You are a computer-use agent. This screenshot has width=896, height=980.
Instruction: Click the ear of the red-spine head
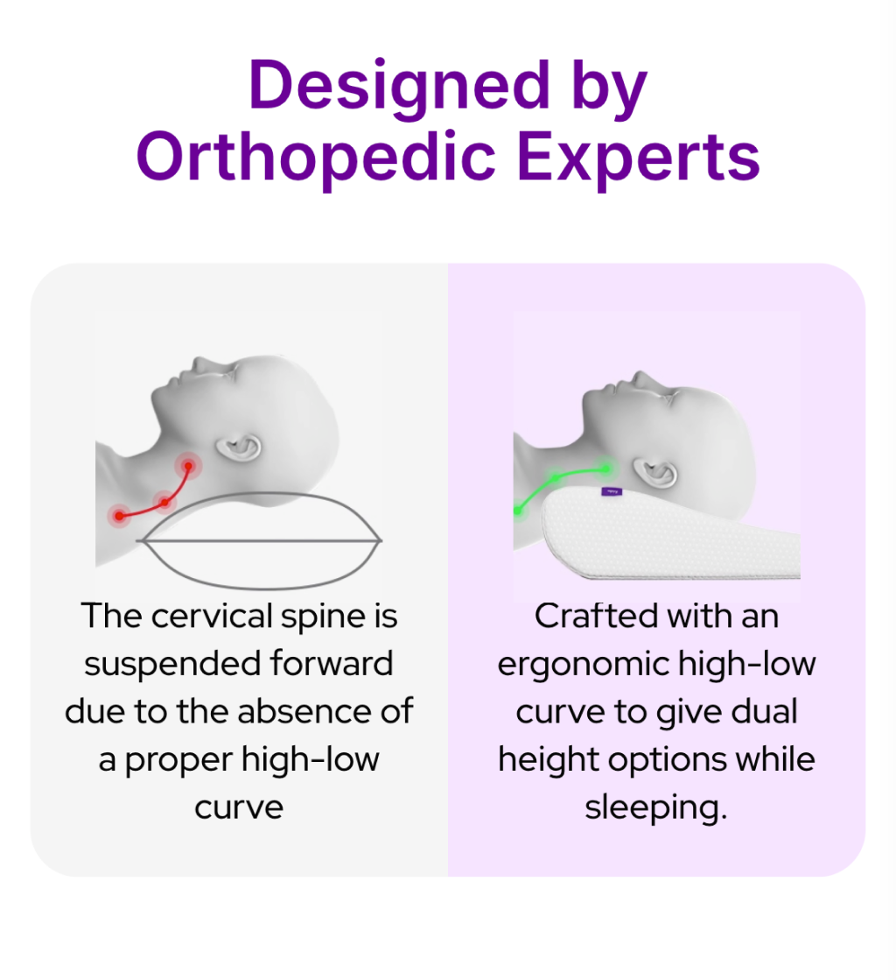coord(239,450)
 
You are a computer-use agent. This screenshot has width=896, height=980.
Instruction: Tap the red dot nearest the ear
coord(187,465)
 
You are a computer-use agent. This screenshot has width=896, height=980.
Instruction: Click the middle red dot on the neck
coord(164,502)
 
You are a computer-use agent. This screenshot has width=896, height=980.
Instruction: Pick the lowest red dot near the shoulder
coord(119,516)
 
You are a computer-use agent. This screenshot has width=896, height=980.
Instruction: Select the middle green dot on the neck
coord(553,478)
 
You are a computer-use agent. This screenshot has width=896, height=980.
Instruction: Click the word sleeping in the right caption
coord(655,807)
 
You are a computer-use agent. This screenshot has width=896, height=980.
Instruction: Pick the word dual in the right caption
coord(764,711)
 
